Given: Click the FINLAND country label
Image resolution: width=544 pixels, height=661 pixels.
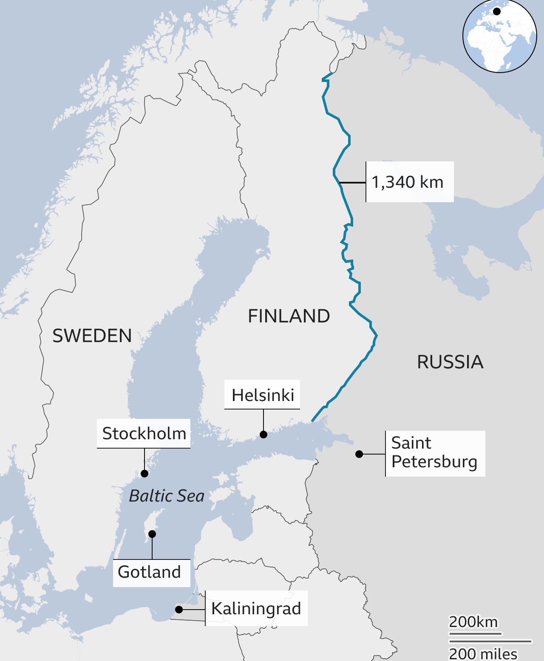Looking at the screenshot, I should pyautogui.click(x=289, y=316).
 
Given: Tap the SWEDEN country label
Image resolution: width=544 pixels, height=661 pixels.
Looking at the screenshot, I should pyautogui.click(x=92, y=336).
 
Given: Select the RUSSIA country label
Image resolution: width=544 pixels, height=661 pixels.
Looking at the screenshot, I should pyautogui.click(x=450, y=362).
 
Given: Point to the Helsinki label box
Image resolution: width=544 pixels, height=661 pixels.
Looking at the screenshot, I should pyautogui.click(x=262, y=395).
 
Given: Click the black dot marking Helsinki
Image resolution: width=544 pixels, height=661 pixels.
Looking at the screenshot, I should pyautogui.click(x=263, y=434).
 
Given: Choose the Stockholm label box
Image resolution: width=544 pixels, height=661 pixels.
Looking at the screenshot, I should pyautogui.click(x=144, y=433).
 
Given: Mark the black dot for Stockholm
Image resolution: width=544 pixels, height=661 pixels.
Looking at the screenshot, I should pyautogui.click(x=144, y=473).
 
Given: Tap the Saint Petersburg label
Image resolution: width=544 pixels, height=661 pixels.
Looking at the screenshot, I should pyautogui.click(x=434, y=453).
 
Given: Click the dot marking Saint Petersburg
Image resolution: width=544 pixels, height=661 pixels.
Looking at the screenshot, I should pyautogui.click(x=359, y=454).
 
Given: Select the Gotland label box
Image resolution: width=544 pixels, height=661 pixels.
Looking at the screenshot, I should pyautogui.click(x=150, y=572).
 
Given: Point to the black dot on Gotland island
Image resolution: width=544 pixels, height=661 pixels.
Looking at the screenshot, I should pyautogui.click(x=152, y=534).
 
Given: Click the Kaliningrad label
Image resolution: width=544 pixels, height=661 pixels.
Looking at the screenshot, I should pyautogui.click(x=256, y=608).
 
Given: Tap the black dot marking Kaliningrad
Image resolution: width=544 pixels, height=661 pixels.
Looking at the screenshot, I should pyautogui.click(x=179, y=610).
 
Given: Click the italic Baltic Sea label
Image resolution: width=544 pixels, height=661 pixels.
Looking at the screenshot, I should pyautogui.click(x=167, y=496).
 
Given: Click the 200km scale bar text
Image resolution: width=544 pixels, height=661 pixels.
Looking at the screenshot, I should pyautogui.click(x=473, y=622).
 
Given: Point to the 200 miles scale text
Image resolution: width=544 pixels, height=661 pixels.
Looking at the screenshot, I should pyautogui.click(x=483, y=653).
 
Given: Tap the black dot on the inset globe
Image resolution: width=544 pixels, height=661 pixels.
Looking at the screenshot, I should pyautogui.click(x=496, y=12).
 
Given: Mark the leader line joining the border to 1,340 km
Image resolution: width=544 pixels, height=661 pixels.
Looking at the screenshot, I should pyautogui.click(x=352, y=183).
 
